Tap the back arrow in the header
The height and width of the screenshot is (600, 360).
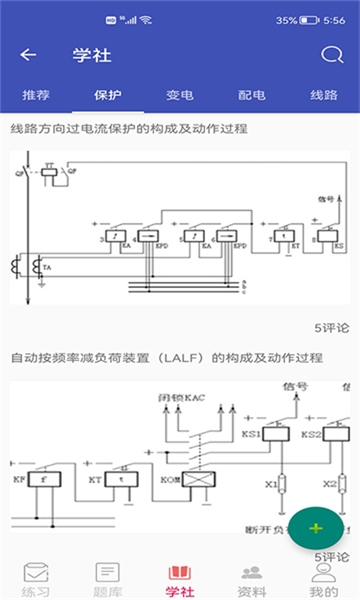[x=28, y=55]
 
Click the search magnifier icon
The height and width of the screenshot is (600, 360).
[x=331, y=55]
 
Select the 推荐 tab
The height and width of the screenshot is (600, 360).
[x=36, y=96]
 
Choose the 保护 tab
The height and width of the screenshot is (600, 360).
[x=108, y=96]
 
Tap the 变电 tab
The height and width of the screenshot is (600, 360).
[x=180, y=96]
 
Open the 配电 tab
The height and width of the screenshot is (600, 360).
[x=252, y=96]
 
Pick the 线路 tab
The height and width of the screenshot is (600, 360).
[x=324, y=96]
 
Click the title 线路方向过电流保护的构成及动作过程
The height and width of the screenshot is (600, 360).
[x=129, y=129]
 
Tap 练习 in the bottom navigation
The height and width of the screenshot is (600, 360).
[x=36, y=578]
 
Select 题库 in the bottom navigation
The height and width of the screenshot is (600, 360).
[x=108, y=578]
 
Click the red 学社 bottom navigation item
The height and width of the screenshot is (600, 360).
[x=180, y=578]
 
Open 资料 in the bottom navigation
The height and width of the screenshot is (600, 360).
[x=252, y=578]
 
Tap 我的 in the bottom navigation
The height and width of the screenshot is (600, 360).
[x=322, y=578]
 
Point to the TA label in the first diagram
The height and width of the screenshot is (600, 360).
[x=45, y=268]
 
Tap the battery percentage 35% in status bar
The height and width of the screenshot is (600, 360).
[x=286, y=20]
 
